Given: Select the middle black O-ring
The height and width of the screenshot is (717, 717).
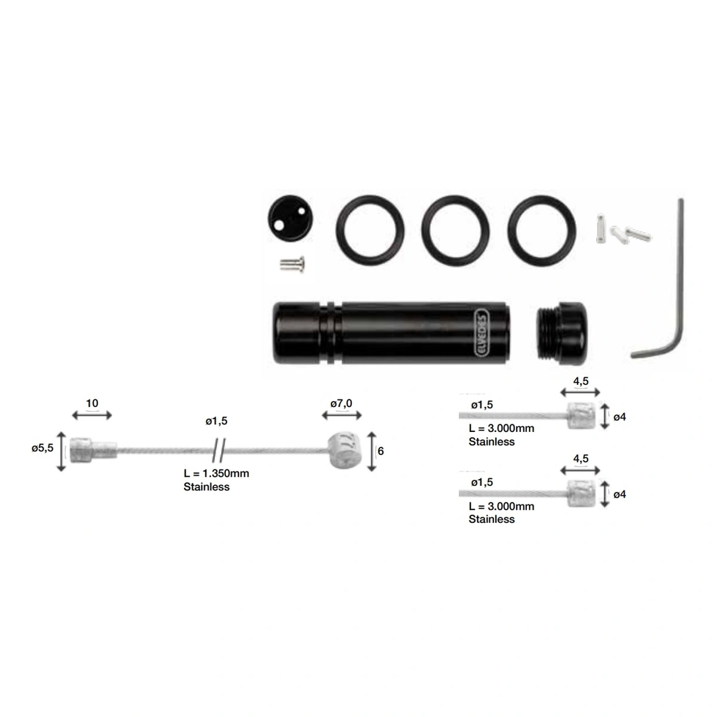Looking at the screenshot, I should pyautogui.click(x=455, y=230).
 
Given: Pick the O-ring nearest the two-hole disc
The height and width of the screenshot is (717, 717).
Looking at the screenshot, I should pyautogui.click(x=370, y=230).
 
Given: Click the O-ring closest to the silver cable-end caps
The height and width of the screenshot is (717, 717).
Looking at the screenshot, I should pyautogui.click(x=542, y=230).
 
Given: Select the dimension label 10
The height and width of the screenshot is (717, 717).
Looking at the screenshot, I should pyautogui.click(x=92, y=403).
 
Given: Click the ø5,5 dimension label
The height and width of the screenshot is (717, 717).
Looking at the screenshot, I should pyautogui.click(x=42, y=448).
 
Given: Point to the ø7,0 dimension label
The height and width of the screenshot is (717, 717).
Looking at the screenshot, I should pyautogui.click(x=341, y=403).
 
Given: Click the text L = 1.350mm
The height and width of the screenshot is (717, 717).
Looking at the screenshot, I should pyautogui.click(x=216, y=473).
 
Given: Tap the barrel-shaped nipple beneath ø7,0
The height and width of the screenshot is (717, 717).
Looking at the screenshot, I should pyautogui.click(x=345, y=450).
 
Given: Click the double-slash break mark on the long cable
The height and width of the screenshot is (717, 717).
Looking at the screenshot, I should pyautogui.click(x=219, y=447).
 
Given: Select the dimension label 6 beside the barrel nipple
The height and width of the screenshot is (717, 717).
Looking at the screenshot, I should pyautogui.click(x=381, y=451).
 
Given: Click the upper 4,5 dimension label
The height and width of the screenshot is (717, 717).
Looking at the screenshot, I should pyautogui.click(x=581, y=381).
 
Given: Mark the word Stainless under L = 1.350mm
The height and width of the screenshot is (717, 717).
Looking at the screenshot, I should pyautogui.click(x=206, y=487).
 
